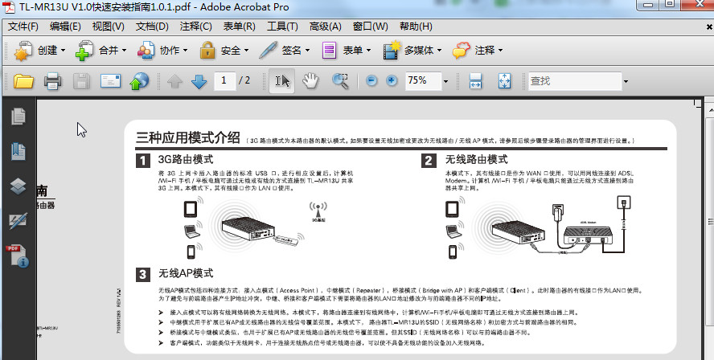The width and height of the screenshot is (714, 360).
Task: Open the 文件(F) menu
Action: [23, 26]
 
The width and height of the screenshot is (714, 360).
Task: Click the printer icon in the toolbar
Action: [53, 81]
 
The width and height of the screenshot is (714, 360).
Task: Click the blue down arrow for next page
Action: [199, 81]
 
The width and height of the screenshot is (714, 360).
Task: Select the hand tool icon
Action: [310, 81]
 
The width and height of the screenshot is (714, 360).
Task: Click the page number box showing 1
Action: [224, 81]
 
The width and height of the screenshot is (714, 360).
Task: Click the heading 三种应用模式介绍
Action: [188, 137]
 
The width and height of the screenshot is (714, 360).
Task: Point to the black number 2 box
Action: [429, 160]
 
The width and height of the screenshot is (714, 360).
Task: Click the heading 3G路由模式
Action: [186, 160]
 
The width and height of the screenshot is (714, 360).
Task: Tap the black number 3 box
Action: [142, 273]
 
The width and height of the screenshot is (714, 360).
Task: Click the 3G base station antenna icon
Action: [318, 211]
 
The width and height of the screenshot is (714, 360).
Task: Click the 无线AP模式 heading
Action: [186, 273]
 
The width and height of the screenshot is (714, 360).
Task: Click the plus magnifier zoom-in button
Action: [392, 81]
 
